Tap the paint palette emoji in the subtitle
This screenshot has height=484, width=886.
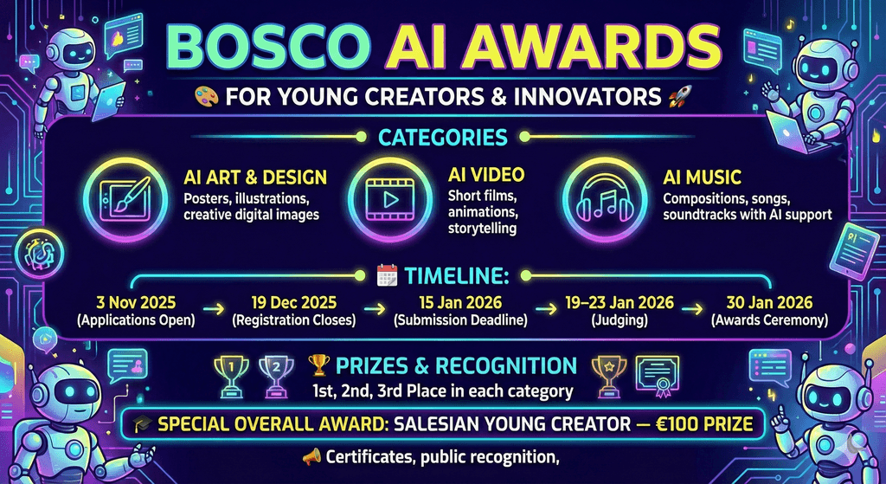click(206, 96)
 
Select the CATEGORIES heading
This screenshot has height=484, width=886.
click(443, 137)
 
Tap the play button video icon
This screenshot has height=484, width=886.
click(390, 199)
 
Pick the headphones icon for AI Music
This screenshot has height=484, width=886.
click(605, 200)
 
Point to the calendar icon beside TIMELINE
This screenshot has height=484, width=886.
click(387, 276)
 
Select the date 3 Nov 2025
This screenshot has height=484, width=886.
click(136, 302)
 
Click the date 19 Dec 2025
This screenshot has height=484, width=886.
click(294, 302)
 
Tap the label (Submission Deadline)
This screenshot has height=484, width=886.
click(460, 320)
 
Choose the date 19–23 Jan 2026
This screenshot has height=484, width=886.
click(620, 302)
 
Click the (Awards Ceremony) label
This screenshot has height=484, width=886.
click(769, 320)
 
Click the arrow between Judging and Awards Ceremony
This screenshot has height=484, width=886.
click(692, 309)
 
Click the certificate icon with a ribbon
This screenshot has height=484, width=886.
click(658, 374)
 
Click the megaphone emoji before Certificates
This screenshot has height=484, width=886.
click(311, 456)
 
